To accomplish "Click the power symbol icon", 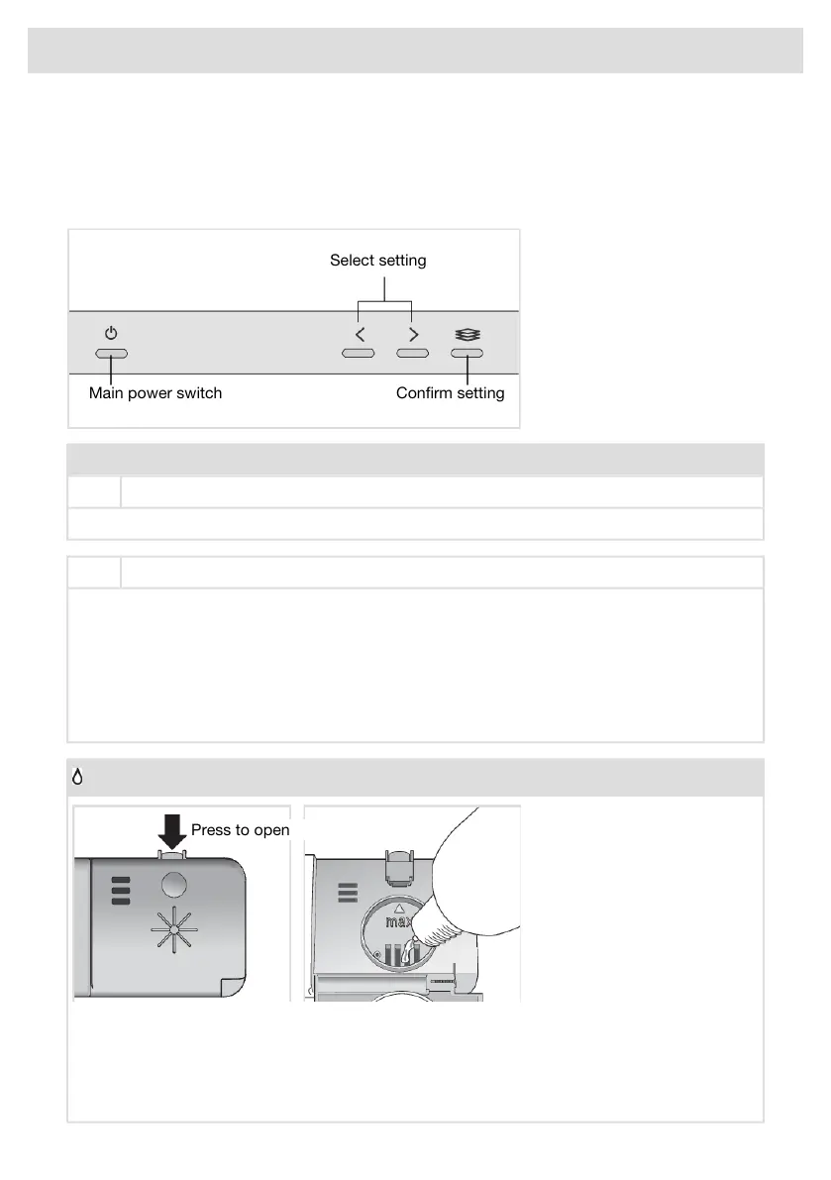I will [111, 334].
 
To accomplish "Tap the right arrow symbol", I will [412, 334].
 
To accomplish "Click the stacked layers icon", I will [467, 334].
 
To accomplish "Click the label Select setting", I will [377, 261].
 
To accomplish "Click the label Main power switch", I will [156, 393].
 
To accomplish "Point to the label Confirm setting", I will [450, 393].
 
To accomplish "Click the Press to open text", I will [240, 830].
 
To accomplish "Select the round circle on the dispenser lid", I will [172, 884].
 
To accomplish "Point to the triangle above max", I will [399, 908].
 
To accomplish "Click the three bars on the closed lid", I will [120, 891].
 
